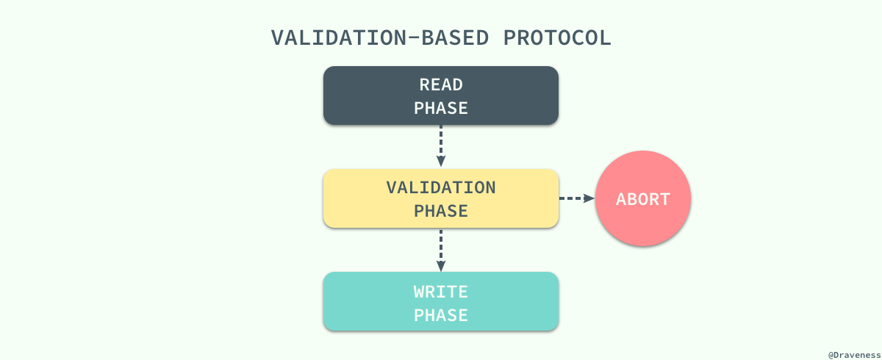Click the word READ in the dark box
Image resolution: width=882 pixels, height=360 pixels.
[441, 84]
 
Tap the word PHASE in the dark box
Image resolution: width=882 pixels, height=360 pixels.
[441, 108]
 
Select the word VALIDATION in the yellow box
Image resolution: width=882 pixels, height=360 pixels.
[441, 187]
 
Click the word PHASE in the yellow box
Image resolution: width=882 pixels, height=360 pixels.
[441, 211]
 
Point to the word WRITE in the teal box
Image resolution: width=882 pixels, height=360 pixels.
[441, 292]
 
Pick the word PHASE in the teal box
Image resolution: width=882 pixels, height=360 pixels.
[441, 315]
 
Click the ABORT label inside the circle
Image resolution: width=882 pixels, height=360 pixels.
[643, 199]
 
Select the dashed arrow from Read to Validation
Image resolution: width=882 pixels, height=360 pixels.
[441, 143]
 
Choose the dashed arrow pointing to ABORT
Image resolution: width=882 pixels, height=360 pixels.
[573, 198]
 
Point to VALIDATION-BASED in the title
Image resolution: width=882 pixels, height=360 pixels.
[382, 38]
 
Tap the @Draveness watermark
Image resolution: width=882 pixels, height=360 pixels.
[853, 354]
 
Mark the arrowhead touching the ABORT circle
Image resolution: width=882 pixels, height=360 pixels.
[589, 198]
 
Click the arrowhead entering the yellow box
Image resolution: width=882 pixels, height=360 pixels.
[441, 162]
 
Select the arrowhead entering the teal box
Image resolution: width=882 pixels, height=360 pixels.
[441, 266]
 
